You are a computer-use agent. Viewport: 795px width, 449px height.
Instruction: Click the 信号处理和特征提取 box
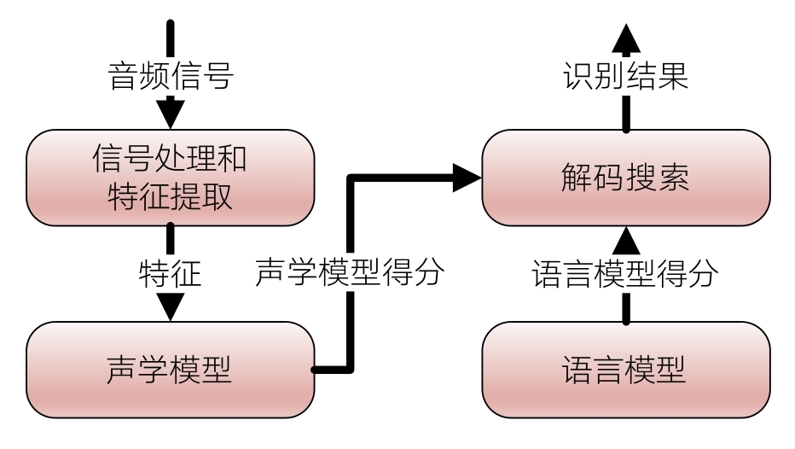[171, 178]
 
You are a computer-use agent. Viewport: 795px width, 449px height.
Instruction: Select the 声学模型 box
[171, 370]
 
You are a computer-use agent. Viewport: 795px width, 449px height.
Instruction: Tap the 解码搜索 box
[625, 178]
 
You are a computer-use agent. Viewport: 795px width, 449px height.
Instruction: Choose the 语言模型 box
[625, 370]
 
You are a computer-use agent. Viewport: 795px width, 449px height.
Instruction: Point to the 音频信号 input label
[171, 76]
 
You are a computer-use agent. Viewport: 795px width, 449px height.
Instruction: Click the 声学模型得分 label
[351, 274]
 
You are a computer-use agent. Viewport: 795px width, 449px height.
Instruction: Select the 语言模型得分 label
[625, 274]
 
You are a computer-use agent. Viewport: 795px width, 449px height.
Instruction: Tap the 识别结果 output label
[625, 76]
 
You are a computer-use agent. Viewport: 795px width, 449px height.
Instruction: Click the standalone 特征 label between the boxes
[171, 274]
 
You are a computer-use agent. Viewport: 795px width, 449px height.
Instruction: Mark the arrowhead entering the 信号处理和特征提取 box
[171, 114]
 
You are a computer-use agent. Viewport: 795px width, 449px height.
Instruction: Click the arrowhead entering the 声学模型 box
[171, 306]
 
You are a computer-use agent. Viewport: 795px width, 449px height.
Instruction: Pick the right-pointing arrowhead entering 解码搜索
[467, 178]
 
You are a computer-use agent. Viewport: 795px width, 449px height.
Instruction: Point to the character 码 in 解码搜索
[606, 178]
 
